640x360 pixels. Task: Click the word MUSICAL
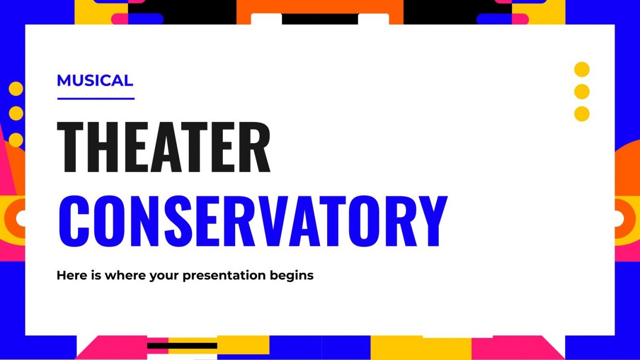94,80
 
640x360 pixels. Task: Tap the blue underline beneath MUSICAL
96,99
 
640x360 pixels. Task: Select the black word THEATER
164,147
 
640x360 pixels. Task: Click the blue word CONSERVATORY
252,220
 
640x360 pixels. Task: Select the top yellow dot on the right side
582,69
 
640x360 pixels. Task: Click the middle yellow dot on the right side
582,91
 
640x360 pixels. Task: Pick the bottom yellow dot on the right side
582,114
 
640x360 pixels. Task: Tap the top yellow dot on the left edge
16,89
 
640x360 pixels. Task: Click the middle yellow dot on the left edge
16,113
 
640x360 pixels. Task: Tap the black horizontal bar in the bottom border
182,346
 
